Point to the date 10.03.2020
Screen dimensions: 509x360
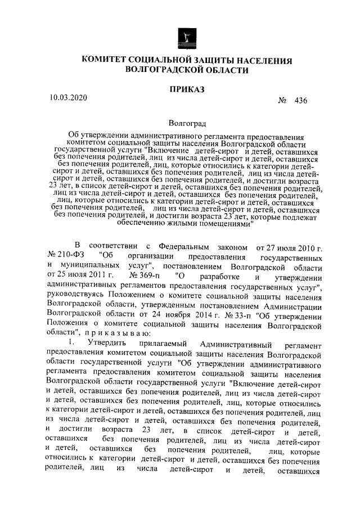(68, 97)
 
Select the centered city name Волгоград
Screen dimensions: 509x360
(187, 123)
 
